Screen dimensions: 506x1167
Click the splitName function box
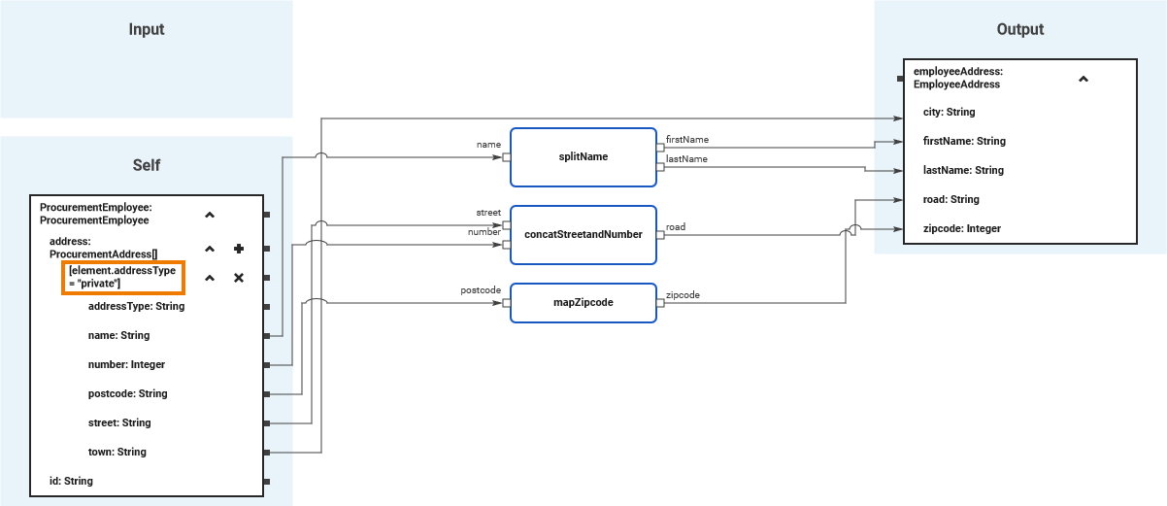(x=583, y=156)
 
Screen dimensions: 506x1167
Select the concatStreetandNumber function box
(x=583, y=234)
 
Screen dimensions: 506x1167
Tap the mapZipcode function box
(x=583, y=302)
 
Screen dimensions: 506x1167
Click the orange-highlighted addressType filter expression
(x=122, y=277)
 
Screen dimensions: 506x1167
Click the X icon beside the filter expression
(x=238, y=279)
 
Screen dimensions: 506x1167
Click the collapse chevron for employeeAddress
(x=1084, y=79)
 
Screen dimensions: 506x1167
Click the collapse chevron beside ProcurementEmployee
(x=210, y=214)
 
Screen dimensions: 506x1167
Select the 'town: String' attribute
(x=117, y=452)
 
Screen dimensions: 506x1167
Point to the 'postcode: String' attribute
(x=127, y=393)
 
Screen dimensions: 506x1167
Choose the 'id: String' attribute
(x=71, y=481)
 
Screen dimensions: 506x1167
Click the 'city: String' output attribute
(x=949, y=112)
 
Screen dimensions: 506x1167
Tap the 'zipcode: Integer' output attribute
(x=961, y=228)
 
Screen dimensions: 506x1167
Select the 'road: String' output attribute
(x=950, y=199)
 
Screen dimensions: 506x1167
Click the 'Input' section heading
(x=147, y=29)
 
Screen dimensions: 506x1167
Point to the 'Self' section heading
(x=147, y=165)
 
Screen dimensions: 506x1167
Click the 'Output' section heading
(x=1020, y=29)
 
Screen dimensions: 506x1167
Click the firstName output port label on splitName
(x=686, y=140)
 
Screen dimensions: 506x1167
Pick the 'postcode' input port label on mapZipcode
(x=481, y=289)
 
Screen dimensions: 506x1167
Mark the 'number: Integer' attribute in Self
(x=126, y=364)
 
